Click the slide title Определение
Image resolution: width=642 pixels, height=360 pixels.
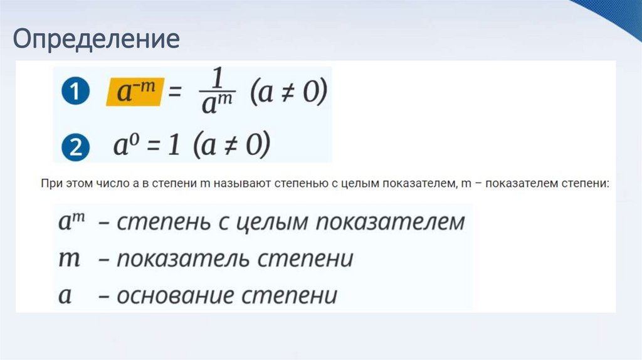tap(97, 39)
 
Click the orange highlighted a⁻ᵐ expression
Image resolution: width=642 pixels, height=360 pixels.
tap(134, 92)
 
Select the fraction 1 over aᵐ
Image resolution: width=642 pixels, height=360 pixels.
tap(217, 93)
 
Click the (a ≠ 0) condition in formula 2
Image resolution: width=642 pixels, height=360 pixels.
tap(232, 146)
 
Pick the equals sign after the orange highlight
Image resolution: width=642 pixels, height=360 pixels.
tap(176, 93)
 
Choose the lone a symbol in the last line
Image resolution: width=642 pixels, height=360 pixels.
tap(65, 295)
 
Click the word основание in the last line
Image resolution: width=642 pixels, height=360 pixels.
tap(177, 295)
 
